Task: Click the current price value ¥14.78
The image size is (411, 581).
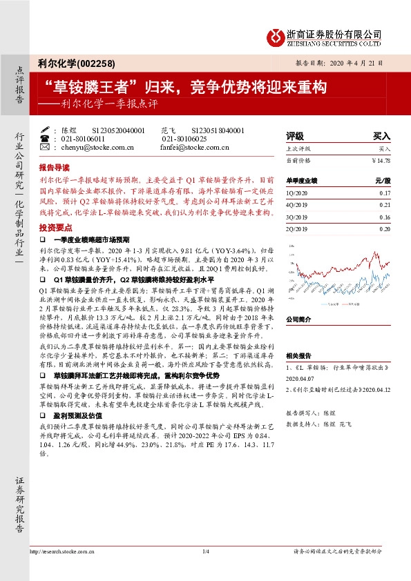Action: pos(381,160)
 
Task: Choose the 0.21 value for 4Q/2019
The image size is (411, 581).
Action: pos(385,205)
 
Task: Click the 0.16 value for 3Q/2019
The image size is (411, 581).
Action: pos(385,217)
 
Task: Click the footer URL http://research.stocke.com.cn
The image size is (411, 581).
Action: pos(63,551)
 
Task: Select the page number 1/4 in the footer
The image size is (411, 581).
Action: pos(205,551)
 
